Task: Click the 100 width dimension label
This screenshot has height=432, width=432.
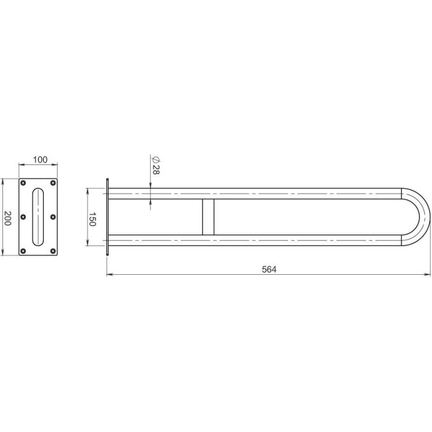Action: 40,160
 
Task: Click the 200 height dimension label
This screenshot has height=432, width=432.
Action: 7,218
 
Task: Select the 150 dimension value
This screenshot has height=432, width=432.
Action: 92,219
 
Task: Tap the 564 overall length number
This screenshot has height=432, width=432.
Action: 269,269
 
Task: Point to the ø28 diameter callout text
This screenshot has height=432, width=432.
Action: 156,166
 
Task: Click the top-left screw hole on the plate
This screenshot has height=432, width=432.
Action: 23,183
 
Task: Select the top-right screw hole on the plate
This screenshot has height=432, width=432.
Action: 53,183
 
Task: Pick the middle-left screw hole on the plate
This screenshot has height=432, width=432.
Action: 23,217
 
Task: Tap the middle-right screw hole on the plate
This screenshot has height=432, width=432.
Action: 53,217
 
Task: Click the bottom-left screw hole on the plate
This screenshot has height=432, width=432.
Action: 23,251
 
